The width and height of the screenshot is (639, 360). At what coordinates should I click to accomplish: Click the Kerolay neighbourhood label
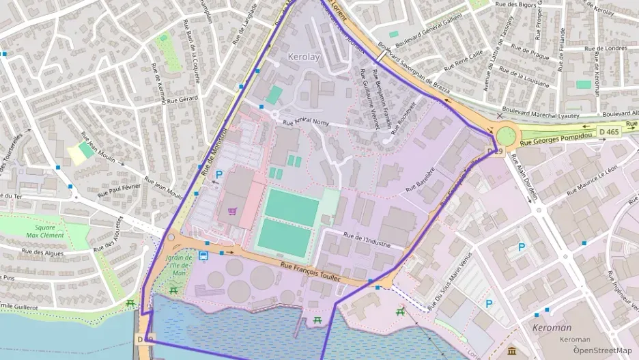304,57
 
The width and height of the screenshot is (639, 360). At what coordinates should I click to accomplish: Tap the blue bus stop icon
203,255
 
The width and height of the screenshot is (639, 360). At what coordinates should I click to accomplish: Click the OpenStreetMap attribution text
602,350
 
